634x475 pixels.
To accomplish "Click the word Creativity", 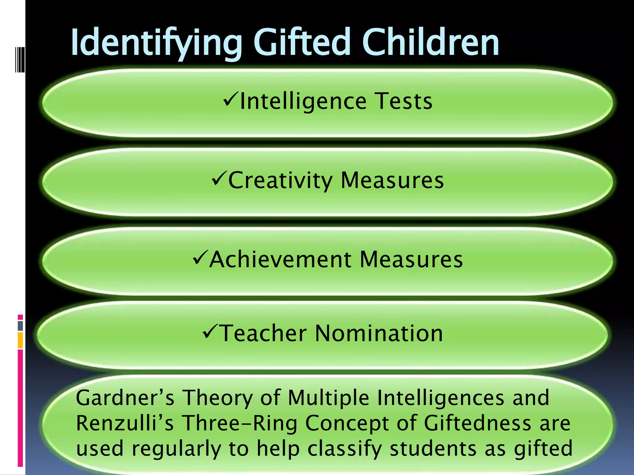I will [x=280, y=180].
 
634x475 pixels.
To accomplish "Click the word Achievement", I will [x=280, y=259].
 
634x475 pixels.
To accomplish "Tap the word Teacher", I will [x=263, y=333].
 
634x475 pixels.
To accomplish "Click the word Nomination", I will [x=379, y=333].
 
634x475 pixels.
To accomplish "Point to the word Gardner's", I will [x=125, y=398].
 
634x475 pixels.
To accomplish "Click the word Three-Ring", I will [x=240, y=423].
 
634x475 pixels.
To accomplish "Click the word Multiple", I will [x=328, y=398].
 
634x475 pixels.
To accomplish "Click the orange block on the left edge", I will [x=20, y=340].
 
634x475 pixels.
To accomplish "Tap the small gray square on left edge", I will [x=20, y=326].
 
